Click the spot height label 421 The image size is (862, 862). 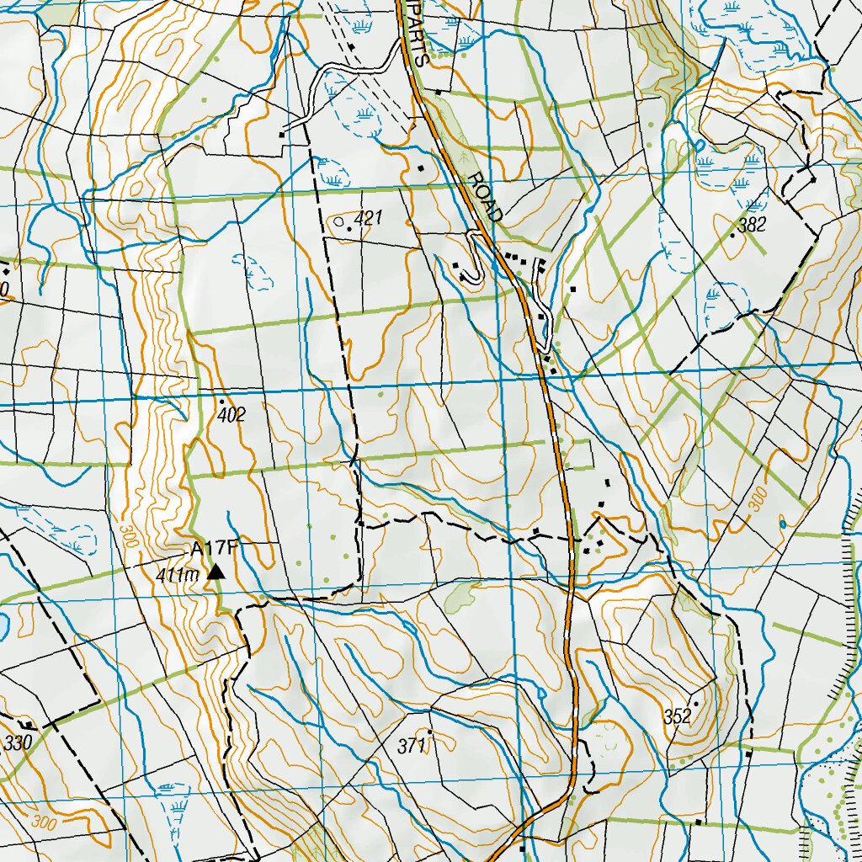369,219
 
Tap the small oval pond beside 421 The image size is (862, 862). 338,222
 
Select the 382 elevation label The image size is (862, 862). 752,225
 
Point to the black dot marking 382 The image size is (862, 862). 733,236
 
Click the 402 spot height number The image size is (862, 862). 231,415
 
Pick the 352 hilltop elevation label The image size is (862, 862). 677,717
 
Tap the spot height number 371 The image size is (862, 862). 412,745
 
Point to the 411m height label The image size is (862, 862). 176,575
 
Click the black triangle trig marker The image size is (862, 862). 216,572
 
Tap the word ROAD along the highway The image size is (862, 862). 485,197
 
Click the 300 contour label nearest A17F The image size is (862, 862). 129,539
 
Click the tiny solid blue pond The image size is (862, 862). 783,524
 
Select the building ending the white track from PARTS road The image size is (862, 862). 284,132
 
